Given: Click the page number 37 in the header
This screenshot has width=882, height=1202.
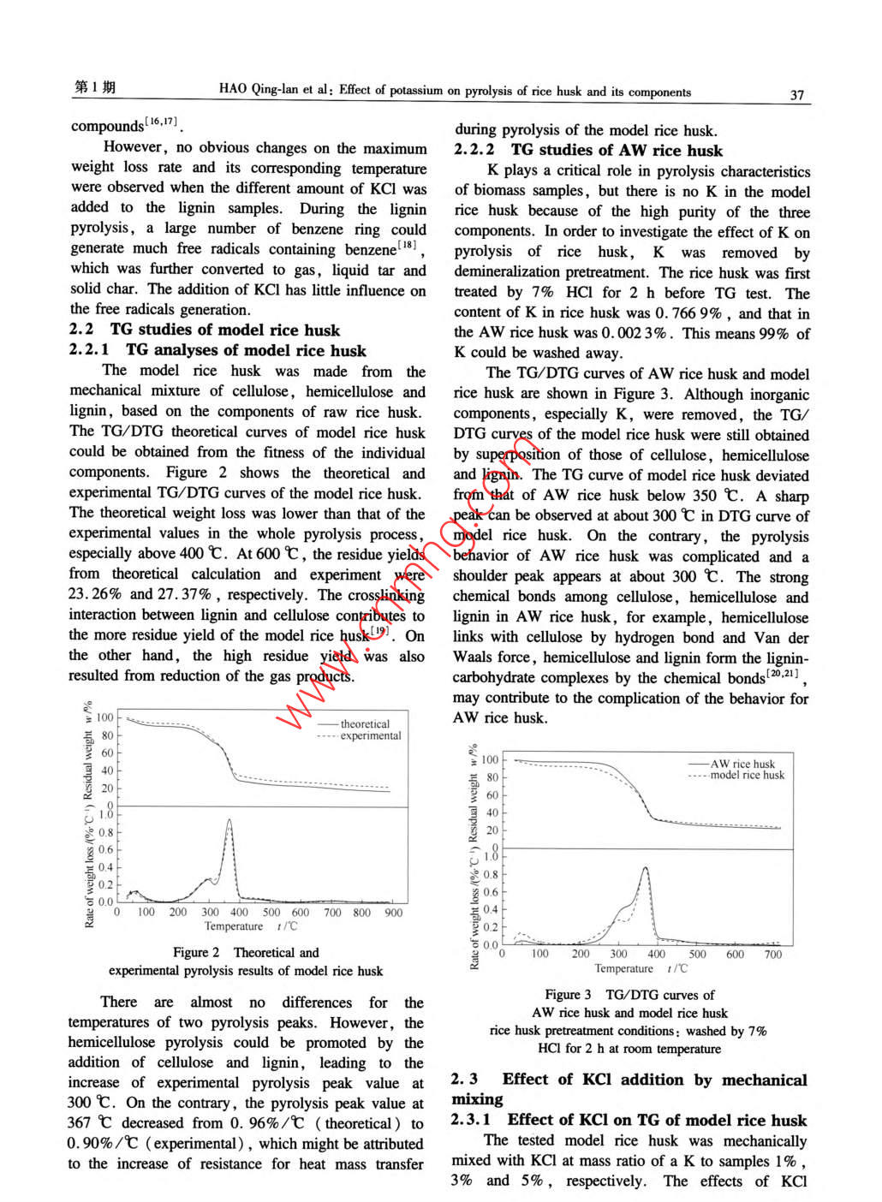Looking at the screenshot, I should click(x=796, y=94).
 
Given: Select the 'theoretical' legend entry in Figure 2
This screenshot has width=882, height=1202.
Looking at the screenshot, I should click(x=365, y=723).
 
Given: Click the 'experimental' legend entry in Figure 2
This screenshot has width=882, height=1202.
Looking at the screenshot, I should click(x=370, y=735).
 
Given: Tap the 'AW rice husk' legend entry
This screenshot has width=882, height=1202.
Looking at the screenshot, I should click(x=742, y=764).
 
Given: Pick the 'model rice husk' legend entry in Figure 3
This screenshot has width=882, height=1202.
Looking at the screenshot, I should click(x=747, y=775).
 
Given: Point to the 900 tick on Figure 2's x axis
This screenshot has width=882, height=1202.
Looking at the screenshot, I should click(x=393, y=913).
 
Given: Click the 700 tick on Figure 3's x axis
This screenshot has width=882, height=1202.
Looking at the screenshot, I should click(x=772, y=954).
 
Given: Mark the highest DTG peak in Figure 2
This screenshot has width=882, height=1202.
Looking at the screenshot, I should click(x=229, y=820).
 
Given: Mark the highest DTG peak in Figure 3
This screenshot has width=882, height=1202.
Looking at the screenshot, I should click(x=645, y=868).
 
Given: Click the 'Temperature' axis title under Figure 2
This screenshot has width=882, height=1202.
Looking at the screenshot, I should click(x=234, y=926).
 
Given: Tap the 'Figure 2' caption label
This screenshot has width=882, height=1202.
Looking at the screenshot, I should click(x=196, y=952).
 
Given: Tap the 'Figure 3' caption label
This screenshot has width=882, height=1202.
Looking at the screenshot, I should click(x=568, y=995).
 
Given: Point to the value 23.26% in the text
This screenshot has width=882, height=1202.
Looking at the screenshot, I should click(x=96, y=594).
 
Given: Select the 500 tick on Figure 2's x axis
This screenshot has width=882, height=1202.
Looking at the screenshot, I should click(x=271, y=913).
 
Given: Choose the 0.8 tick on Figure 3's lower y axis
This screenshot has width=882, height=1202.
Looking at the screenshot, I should click(x=490, y=875).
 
